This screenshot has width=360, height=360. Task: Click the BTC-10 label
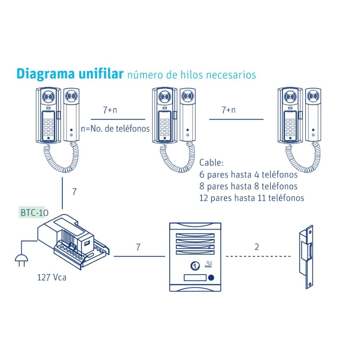33,213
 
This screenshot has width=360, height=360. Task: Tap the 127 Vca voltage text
52,278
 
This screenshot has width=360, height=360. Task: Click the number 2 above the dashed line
257,247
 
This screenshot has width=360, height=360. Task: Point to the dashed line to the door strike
258,256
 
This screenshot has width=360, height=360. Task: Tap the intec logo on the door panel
208,265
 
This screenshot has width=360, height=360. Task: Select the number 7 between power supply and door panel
138,247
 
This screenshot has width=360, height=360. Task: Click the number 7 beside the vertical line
74,192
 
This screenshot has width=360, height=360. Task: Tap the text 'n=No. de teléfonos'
115,129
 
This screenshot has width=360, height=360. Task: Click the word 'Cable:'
211,163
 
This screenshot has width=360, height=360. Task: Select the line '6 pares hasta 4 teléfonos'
248,175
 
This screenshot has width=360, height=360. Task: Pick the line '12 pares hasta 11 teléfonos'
252,198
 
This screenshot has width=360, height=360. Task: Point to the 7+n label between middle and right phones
228,110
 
